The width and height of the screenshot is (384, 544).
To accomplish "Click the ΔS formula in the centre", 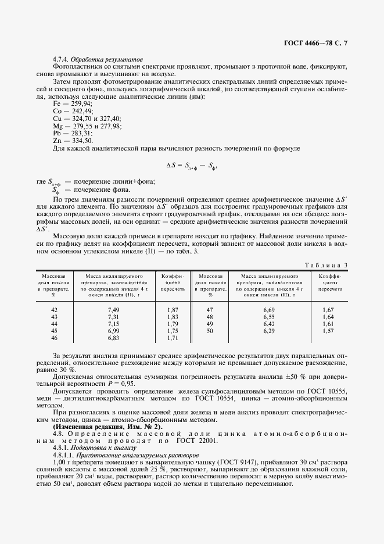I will [192, 165].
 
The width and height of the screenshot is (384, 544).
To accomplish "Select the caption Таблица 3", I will [326, 265].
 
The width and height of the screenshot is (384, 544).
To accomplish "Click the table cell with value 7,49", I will [113, 310].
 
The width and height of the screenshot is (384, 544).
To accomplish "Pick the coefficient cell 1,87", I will [173, 310].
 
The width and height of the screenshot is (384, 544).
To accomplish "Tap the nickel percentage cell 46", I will [55, 338].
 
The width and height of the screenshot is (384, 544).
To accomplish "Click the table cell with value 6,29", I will [268, 331].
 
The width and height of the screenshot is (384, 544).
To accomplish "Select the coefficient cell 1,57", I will [329, 331].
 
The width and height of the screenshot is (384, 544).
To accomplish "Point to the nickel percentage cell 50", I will [210, 331].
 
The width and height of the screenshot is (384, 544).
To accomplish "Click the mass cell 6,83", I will [113, 338].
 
